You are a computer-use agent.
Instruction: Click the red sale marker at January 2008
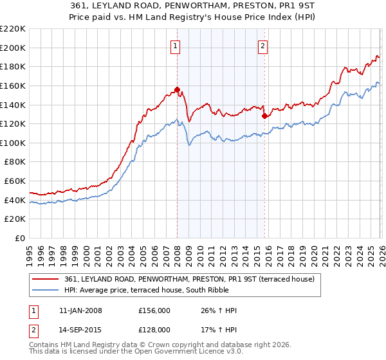(177, 89)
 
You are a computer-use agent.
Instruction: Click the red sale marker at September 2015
(264, 116)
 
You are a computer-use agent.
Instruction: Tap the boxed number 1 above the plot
(176, 45)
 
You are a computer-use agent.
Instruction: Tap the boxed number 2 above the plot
(263, 45)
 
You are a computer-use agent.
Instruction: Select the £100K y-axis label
(13, 143)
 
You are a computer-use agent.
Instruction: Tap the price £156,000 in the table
(156, 310)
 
